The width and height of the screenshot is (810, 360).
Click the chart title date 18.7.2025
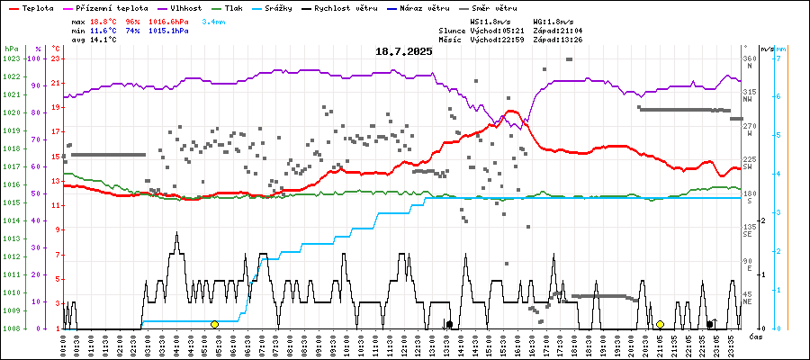pos(404,51)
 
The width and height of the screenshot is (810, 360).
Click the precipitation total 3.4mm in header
pos(214,21)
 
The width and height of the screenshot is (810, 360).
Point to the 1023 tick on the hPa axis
pos(11,58)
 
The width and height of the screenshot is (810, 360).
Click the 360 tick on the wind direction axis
pos(750,58)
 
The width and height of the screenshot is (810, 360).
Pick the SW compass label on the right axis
pos(748,167)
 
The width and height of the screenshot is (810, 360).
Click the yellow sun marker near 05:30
pos(214,324)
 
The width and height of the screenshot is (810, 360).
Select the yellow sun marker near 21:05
pos(660,324)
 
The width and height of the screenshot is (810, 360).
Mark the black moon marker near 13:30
pos(449,324)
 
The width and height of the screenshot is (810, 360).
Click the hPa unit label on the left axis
pos(11,48)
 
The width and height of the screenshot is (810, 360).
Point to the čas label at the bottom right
pos(758,337)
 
